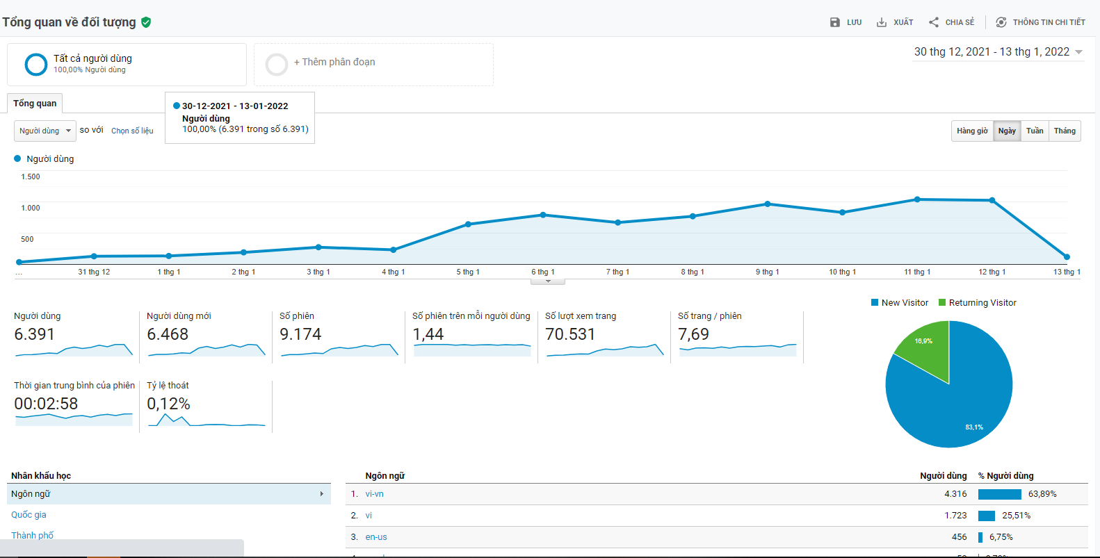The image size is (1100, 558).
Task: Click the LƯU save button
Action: pos(846,22)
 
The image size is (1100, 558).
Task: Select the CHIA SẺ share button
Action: pos(951,22)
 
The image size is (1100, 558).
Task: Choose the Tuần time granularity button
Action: pos(1035,131)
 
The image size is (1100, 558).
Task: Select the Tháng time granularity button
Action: pos(1065,131)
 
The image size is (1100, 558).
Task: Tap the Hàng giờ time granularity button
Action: pos(972,131)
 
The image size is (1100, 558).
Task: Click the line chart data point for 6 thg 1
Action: pos(543,215)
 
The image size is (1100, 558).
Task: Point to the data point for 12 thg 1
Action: pos(992,200)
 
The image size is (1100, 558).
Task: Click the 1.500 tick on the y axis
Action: pos(31,177)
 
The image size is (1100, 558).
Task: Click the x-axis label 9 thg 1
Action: pos(768,272)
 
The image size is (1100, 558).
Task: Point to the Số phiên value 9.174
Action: pos(300,334)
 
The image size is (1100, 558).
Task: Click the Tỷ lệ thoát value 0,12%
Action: pos(168,404)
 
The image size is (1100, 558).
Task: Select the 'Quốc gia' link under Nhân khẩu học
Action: pos(29,515)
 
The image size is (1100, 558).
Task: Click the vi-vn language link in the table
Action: pos(375,494)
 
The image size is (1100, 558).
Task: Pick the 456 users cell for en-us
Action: pos(959,537)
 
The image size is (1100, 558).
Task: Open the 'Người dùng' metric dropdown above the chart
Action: pos(45,131)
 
